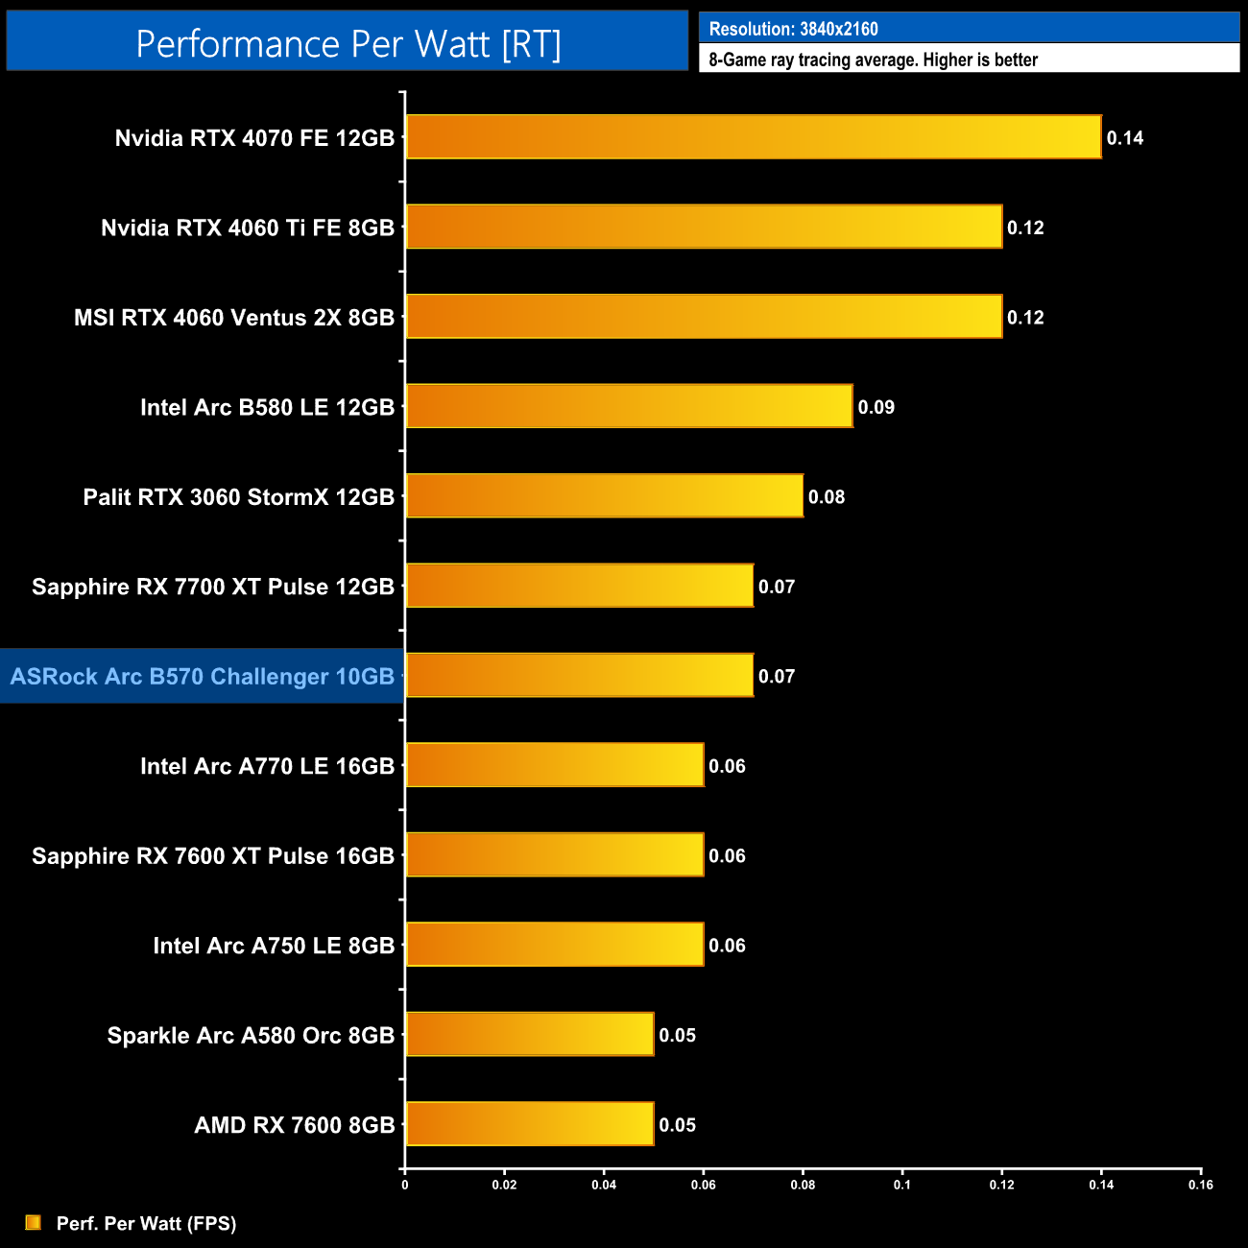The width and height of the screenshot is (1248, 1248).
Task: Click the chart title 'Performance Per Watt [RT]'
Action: click(348, 44)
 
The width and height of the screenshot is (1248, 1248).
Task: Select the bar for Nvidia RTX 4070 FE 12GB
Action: click(754, 137)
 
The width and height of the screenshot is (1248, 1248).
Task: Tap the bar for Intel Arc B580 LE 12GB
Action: click(629, 406)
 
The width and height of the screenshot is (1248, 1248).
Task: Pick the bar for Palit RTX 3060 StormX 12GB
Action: click(604, 496)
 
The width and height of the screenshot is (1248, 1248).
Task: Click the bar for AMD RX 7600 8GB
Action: click(529, 1124)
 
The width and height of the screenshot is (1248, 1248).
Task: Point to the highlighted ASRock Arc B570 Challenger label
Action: click(203, 677)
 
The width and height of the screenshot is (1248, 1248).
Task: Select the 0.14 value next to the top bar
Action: click(1125, 138)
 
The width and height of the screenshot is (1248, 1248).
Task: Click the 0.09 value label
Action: click(876, 407)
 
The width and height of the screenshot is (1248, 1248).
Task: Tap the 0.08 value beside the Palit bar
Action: click(827, 497)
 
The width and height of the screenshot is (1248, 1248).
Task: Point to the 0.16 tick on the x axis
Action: click(1201, 1185)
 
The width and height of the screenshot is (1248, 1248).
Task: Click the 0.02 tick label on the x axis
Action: click(504, 1185)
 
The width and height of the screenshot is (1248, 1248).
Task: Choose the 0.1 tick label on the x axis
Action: click(902, 1185)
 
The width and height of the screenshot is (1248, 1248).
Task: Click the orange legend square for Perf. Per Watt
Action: click(34, 1222)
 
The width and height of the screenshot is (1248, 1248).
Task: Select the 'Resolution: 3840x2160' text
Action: click(794, 29)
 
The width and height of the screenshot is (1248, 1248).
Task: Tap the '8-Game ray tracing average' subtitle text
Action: click(874, 60)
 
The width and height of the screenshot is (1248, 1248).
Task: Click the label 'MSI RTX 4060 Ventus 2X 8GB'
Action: click(234, 318)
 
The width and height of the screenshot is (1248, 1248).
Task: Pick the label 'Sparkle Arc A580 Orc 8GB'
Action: click(251, 1036)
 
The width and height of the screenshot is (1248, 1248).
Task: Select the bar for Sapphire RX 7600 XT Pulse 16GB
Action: click(554, 855)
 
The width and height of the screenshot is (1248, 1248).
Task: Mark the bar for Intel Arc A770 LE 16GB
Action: click(554, 765)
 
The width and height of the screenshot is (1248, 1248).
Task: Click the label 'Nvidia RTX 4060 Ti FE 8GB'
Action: click(248, 228)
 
